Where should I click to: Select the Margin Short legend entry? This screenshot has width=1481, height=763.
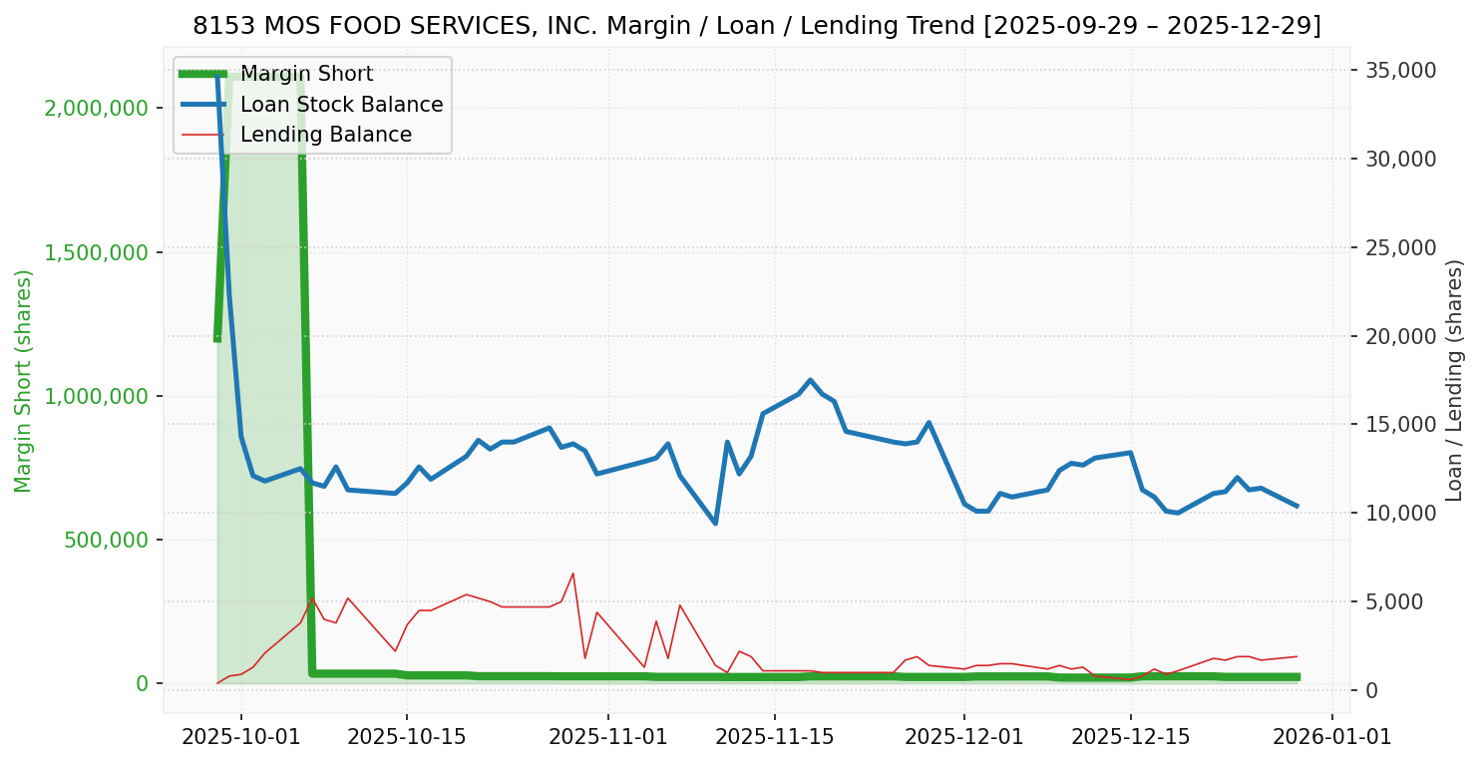click(x=306, y=75)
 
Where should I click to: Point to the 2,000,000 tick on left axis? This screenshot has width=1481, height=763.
click(x=96, y=108)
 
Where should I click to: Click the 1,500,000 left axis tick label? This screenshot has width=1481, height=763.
click(x=96, y=252)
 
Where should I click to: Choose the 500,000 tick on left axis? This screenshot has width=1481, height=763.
click(x=108, y=540)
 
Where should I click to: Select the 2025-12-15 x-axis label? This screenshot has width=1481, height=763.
click(x=1130, y=737)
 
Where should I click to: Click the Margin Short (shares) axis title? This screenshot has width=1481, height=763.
click(x=24, y=381)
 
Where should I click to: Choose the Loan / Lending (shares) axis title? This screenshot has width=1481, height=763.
click(x=1454, y=381)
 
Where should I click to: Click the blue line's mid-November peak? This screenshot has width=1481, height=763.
click(x=810, y=380)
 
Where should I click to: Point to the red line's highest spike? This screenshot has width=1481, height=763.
click(x=572, y=573)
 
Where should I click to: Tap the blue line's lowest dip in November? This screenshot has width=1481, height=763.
click(x=715, y=524)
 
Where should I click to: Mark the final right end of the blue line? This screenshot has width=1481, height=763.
click(x=1296, y=506)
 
